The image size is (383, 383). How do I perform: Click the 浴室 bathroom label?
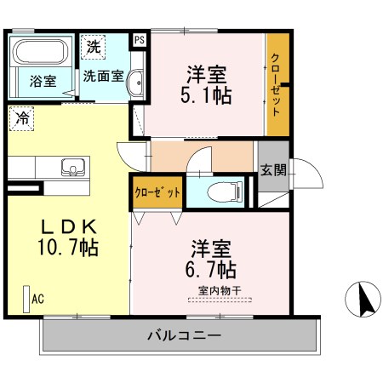click(44, 82)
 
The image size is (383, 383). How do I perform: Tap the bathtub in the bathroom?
click(43, 53)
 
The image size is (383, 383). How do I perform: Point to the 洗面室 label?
click(104, 75)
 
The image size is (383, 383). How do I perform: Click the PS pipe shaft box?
click(139, 39)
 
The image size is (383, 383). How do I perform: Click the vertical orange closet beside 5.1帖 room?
click(277, 84)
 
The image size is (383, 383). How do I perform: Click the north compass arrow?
click(363, 299)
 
